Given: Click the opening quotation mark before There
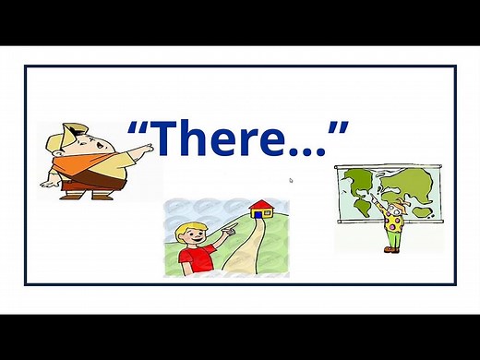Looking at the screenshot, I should pyautogui.click(x=138, y=126).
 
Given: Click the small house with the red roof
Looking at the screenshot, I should pyautogui.click(x=262, y=210).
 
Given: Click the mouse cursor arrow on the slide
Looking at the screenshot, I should pyautogui.click(x=291, y=180).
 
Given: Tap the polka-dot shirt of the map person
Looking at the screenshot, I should pyautogui.click(x=394, y=222).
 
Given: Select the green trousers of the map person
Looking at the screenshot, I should pyautogui.click(x=393, y=241).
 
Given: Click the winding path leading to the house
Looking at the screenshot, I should pyautogui.click(x=242, y=249).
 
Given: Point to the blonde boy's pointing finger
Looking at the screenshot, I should pyautogui.click(x=233, y=222).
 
